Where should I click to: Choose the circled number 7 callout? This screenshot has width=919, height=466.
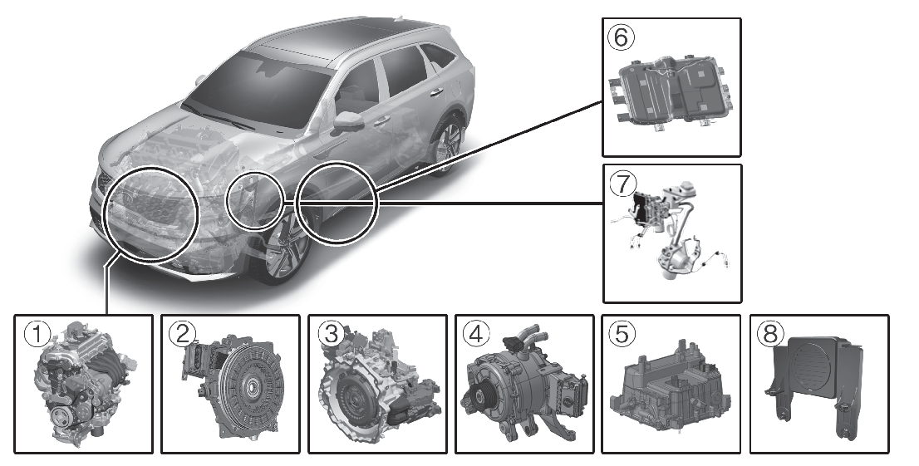point(622,184)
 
